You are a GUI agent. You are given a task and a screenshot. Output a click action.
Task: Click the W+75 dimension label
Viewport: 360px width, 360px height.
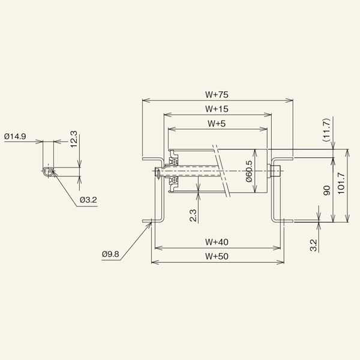point(217,94)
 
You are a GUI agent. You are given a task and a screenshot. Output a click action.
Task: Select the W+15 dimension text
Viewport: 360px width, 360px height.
point(217,109)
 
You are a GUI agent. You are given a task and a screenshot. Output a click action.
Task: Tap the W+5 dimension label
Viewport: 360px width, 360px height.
point(217,124)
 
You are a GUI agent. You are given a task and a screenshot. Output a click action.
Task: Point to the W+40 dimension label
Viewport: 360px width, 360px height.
point(217,242)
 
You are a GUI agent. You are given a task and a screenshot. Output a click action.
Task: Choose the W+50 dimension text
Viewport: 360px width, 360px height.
point(217,256)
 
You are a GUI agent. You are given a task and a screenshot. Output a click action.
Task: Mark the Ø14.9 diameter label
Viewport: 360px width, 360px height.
point(15,137)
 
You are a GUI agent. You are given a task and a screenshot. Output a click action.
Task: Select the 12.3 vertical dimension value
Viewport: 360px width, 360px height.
point(74,140)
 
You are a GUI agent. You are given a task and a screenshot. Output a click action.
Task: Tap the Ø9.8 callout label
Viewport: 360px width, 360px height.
point(111,254)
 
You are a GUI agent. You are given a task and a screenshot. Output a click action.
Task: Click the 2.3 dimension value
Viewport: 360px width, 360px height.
point(193,215)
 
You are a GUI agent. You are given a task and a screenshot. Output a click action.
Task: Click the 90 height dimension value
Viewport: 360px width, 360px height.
point(326,190)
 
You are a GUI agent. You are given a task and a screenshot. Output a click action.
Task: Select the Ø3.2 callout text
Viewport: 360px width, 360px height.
point(88,199)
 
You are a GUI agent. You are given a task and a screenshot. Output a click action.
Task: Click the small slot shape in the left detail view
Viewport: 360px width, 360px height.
point(49,172)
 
